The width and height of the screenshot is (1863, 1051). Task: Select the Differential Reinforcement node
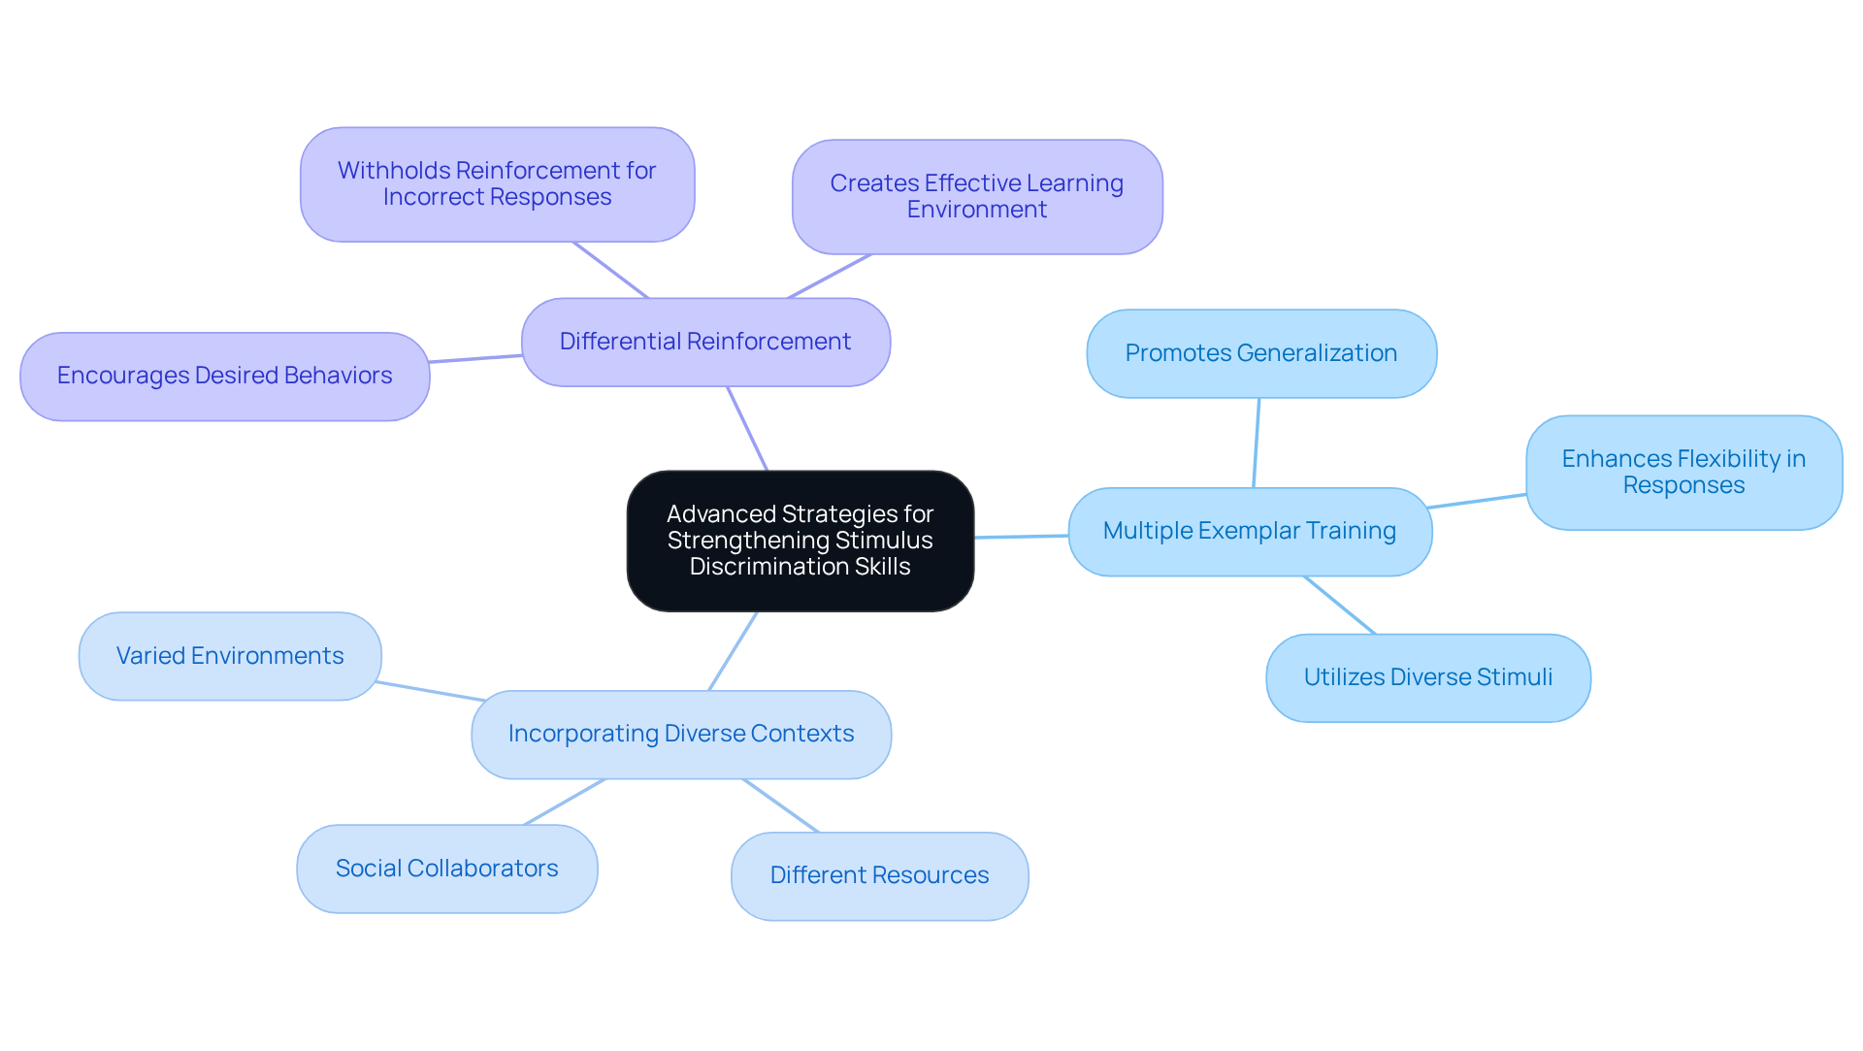pyautogui.click(x=705, y=342)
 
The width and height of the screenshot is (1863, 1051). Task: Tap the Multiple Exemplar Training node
pyautogui.click(x=1249, y=531)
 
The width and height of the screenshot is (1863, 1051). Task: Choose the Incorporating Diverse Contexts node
pyautogui.click(x=680, y=734)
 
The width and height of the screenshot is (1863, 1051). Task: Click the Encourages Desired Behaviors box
pyautogui.click(x=224, y=376)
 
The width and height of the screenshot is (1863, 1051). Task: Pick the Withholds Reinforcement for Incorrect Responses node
pyautogui.click(x=497, y=183)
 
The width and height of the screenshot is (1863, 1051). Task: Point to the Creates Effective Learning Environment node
pyautogui.click(x=976, y=196)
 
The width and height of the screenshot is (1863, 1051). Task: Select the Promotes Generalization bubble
pyautogui.click(x=1260, y=353)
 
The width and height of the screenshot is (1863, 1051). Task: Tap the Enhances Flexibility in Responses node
pyautogui.click(x=1683, y=472)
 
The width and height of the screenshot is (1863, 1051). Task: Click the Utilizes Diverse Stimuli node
pyautogui.click(x=1427, y=677)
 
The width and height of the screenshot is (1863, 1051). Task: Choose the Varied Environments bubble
pyautogui.click(x=230, y=656)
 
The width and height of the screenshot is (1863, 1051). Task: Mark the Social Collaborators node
pyautogui.click(x=446, y=869)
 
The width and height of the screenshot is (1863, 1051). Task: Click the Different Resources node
pyautogui.click(x=879, y=875)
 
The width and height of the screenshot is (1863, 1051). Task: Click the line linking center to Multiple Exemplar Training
pyautogui.click(x=1021, y=536)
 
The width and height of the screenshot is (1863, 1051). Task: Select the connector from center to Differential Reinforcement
pyautogui.click(x=747, y=428)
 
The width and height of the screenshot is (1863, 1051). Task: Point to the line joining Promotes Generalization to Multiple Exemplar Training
pyautogui.click(x=1257, y=443)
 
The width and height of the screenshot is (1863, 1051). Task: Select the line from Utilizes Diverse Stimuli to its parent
pyautogui.click(x=1339, y=605)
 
